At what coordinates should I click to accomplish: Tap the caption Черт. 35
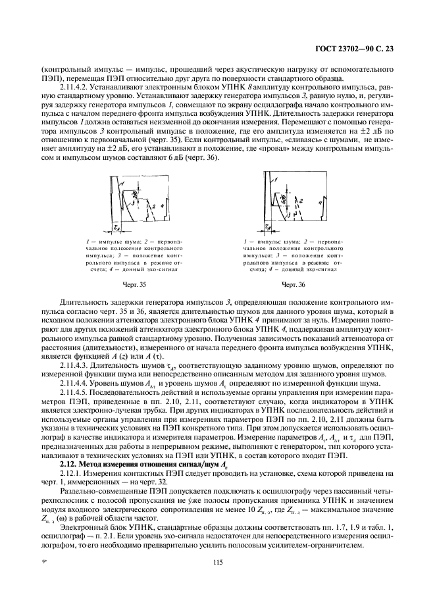click(134, 284)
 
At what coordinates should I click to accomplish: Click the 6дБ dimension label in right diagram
click(284, 197)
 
